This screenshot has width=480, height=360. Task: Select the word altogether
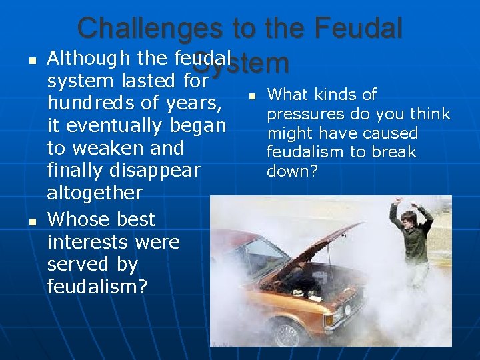coord(95,193)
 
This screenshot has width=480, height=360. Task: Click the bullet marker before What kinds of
coord(252,98)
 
